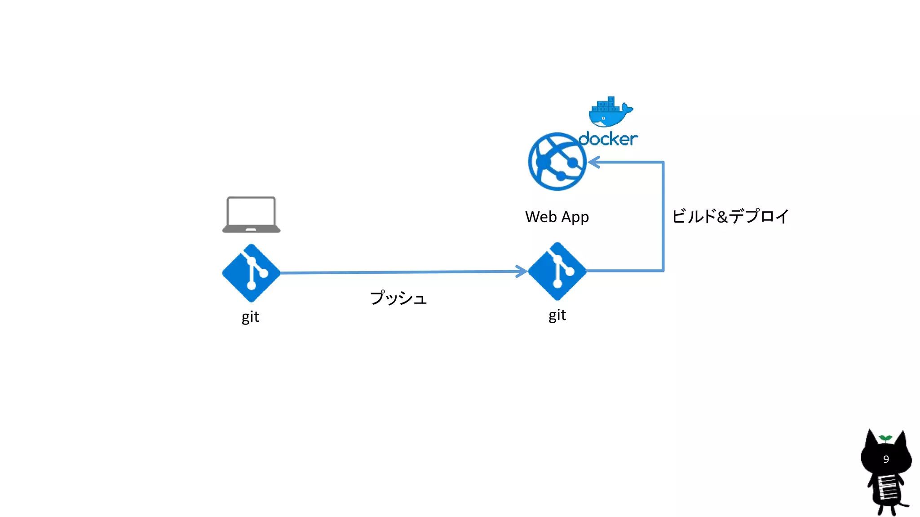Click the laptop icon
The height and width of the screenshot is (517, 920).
coord(251,214)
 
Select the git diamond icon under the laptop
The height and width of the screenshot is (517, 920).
coord(251,273)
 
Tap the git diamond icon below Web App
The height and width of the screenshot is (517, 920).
coord(557,271)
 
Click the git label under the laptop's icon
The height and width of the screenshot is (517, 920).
coord(250,317)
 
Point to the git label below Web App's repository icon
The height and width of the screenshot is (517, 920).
coord(557,315)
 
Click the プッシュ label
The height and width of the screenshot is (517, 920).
coord(398,298)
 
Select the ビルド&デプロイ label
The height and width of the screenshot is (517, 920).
coord(730,216)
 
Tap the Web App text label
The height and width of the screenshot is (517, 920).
coord(557,217)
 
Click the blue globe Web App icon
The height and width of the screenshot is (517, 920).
coord(557,162)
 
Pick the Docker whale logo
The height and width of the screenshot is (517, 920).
coord(610,112)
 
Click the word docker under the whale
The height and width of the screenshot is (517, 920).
coord(608,139)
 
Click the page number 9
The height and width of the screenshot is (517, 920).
coord(886,459)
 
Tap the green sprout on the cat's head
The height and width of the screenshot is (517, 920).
coord(885,438)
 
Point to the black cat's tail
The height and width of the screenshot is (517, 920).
coord(904,505)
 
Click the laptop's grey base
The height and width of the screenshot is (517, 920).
coord(251,230)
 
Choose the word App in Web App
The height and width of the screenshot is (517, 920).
coord(575,217)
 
